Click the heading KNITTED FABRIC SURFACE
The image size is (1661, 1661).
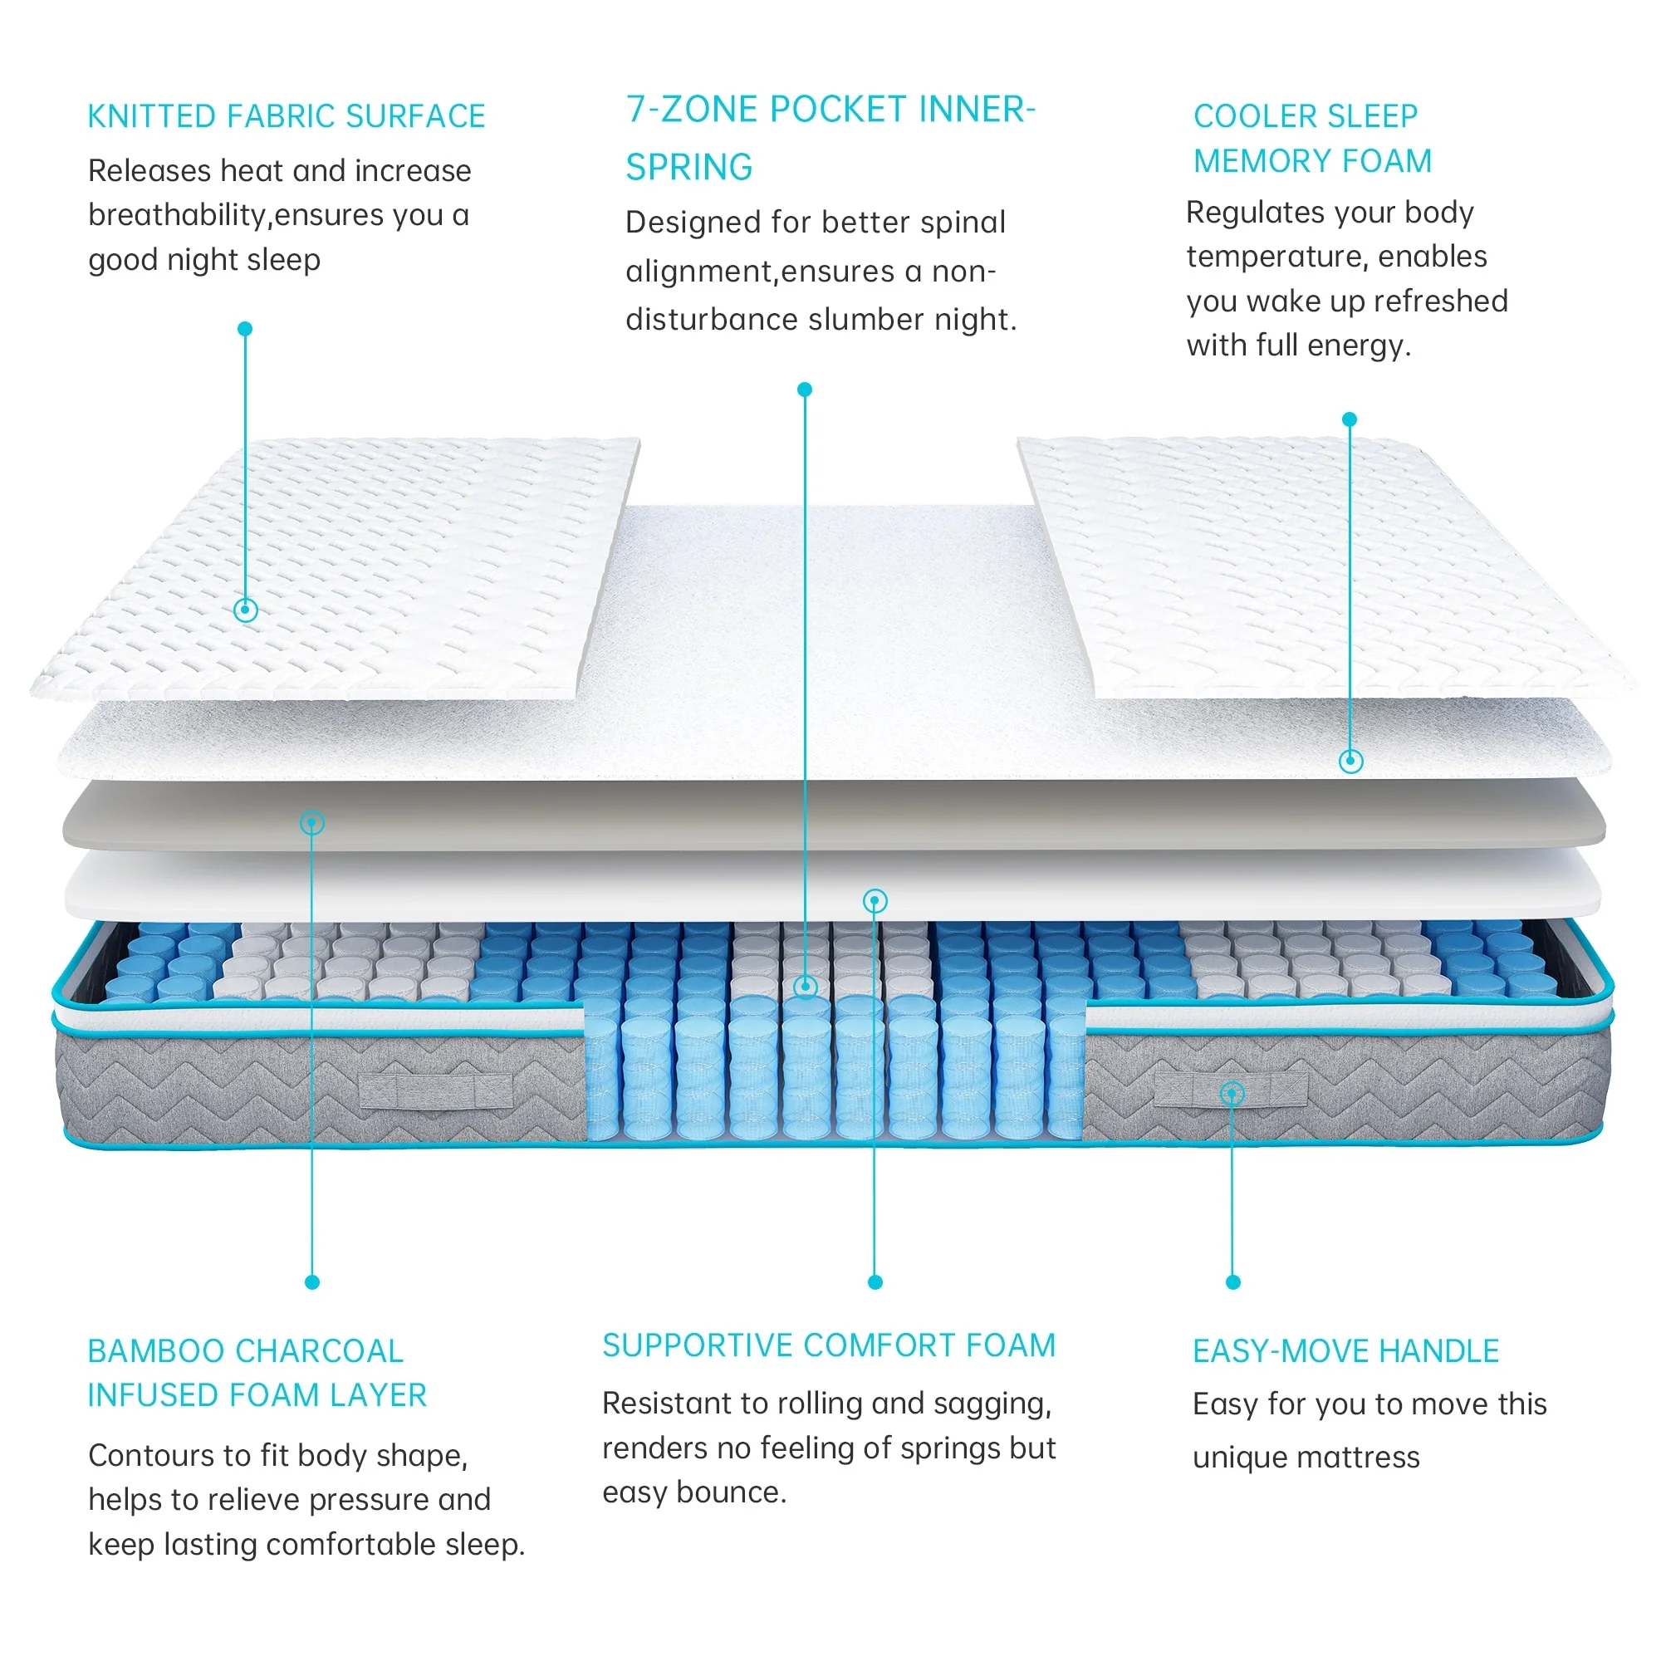pos(287,116)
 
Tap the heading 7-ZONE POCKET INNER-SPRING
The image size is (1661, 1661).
pos(830,138)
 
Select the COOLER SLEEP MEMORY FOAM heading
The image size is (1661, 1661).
pos(1312,139)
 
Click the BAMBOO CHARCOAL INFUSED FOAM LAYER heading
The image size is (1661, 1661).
pos(257,1372)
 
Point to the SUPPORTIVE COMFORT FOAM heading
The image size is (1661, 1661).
pos(828,1345)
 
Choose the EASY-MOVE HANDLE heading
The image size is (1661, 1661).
pos(1345,1351)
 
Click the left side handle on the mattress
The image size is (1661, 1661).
pos(436,1091)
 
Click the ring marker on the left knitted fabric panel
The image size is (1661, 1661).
pos(246,610)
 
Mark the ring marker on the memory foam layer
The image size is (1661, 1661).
pos(1350,760)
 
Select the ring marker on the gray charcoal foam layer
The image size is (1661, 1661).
pos(312,823)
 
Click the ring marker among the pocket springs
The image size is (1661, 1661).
pos(805,986)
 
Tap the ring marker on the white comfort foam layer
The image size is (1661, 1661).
pos(875,901)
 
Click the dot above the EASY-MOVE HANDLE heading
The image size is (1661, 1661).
pos(1232,1281)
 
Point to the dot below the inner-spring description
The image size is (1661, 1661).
pos(805,390)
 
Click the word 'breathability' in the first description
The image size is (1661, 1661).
pos(178,215)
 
